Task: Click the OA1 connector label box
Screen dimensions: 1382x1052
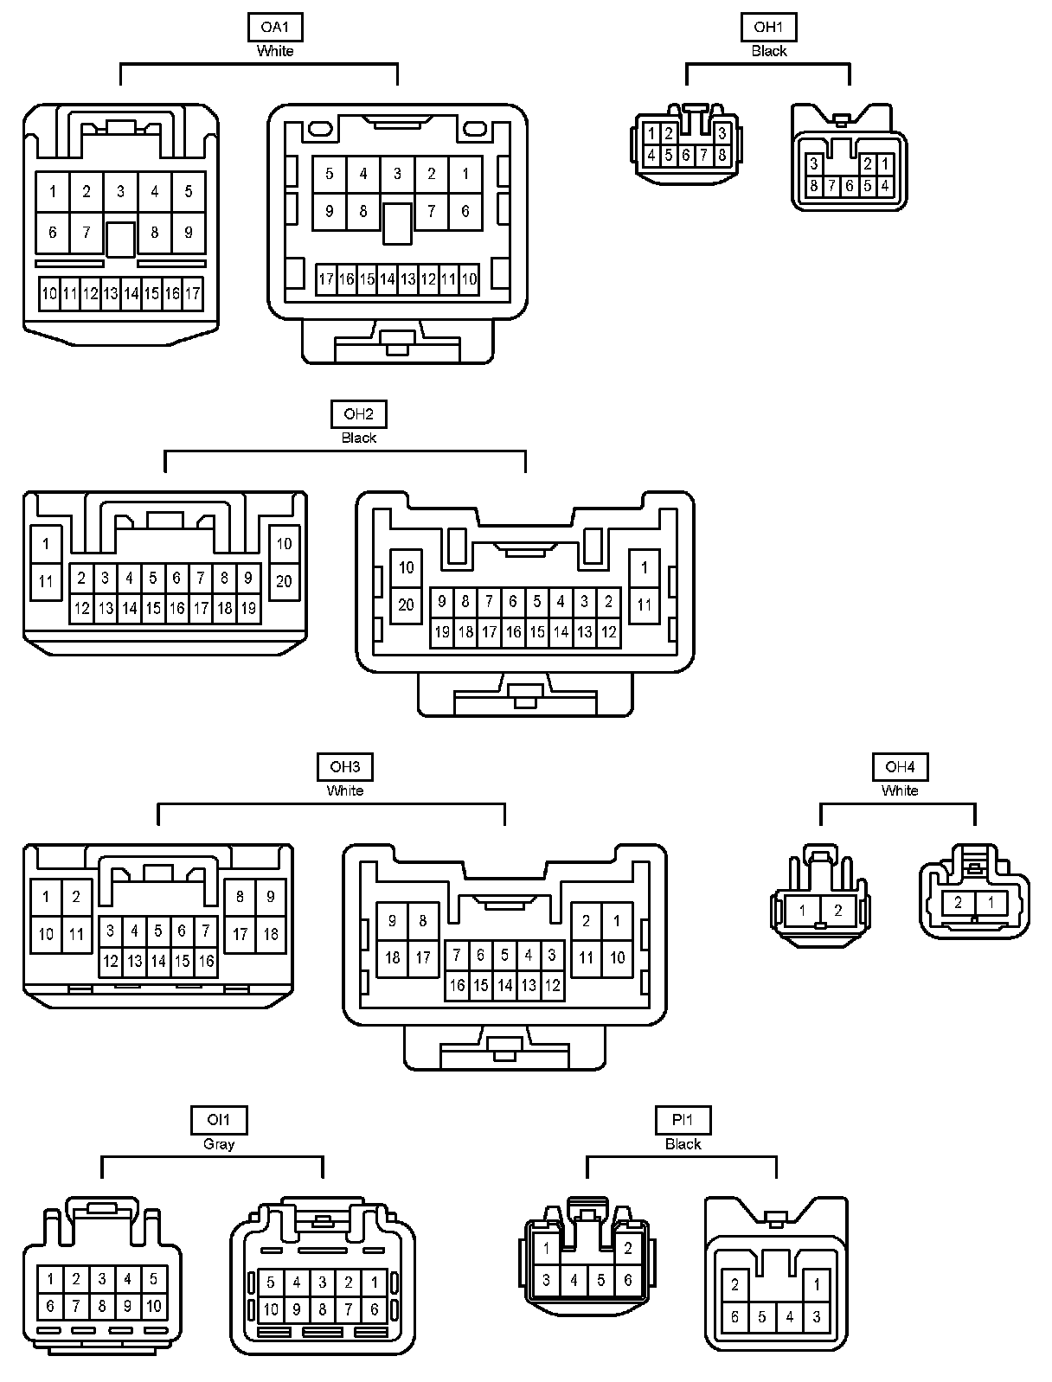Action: (275, 27)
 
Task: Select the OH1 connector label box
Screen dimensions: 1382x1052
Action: (768, 27)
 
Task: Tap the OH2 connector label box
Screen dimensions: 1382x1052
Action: (358, 414)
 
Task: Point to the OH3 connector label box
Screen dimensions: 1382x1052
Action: (345, 766)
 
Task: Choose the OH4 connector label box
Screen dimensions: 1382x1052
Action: (900, 766)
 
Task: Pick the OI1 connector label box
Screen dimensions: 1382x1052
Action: (219, 1120)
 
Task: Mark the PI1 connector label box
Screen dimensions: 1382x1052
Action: (683, 1120)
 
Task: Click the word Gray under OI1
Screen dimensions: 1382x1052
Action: (219, 1144)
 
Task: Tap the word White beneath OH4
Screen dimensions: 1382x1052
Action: (900, 790)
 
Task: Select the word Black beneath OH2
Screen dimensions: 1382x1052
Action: (358, 438)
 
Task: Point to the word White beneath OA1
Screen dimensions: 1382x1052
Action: (275, 51)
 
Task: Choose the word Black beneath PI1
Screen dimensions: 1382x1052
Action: (683, 1144)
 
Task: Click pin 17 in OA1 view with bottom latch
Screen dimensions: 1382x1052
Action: (326, 279)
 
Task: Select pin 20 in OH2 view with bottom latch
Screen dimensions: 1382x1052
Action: (407, 605)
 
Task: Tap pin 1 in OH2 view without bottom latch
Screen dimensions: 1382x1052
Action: (46, 545)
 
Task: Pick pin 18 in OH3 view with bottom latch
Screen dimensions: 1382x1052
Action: (393, 957)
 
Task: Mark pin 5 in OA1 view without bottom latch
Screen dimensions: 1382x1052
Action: (189, 191)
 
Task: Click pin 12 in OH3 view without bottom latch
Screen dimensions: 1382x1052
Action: (111, 961)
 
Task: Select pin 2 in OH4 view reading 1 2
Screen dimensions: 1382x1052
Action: (837, 910)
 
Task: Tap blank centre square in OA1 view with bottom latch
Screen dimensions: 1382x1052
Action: (397, 222)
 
